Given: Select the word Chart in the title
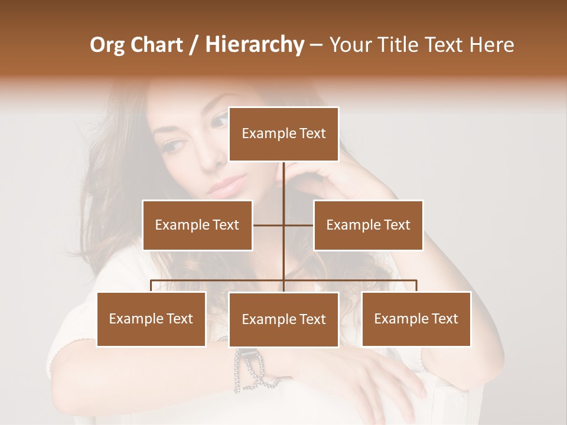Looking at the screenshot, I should (158, 45).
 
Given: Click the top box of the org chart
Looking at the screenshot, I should (283, 134).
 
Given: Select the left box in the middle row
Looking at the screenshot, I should (197, 225).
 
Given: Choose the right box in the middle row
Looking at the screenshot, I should (368, 225).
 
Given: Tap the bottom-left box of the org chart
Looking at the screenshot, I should (151, 319).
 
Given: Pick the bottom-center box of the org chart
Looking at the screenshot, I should (283, 319).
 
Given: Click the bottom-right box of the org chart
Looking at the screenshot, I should (416, 319).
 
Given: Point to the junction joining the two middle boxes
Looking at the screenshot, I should (283, 225).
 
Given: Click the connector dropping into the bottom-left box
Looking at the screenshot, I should (151, 286).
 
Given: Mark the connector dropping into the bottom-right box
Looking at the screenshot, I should (416, 286).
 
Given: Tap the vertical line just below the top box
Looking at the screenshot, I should (283, 177).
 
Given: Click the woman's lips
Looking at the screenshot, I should (226, 188).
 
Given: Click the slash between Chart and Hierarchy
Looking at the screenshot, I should (193, 45).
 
